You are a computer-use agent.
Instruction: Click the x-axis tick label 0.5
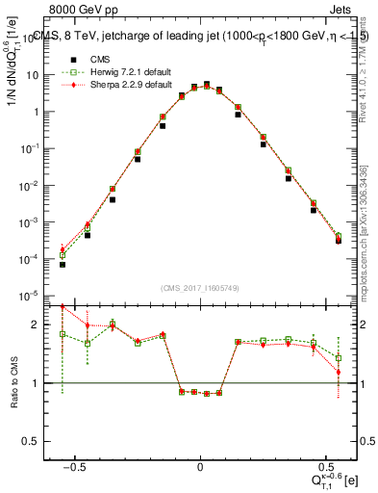coord(311,457)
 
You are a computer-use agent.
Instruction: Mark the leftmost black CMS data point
coord(63,264)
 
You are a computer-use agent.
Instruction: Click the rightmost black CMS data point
coord(338,241)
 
